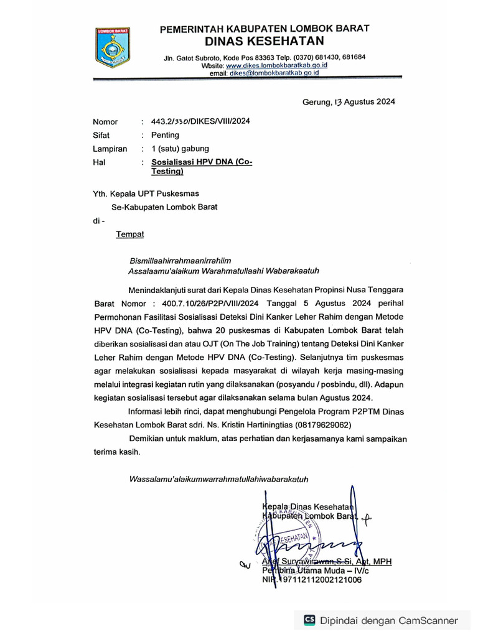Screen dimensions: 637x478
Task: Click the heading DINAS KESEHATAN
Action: click(x=265, y=41)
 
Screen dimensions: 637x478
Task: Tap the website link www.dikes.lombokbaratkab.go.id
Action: click(x=276, y=65)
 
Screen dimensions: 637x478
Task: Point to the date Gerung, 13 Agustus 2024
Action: click(x=349, y=102)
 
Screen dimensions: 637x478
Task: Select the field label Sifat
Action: click(x=101, y=135)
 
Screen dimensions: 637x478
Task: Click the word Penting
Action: click(x=166, y=135)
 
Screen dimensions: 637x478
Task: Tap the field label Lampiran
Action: click(x=110, y=149)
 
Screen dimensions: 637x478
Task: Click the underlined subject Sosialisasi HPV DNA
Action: click(x=202, y=162)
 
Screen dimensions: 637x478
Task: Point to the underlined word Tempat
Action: click(x=129, y=234)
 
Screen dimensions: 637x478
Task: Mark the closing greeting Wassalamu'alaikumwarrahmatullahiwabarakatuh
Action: click(x=218, y=479)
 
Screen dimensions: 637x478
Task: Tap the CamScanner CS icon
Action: click(x=309, y=620)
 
